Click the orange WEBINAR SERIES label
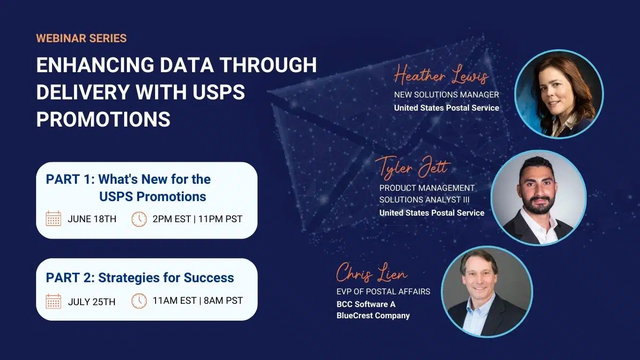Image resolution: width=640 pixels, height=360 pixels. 82,38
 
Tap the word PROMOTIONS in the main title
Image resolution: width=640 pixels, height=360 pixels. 104,119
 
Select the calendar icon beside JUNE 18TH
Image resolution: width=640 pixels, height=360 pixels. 53,219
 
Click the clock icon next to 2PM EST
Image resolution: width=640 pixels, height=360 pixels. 139,219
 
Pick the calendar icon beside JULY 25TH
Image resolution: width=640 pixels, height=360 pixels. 53,301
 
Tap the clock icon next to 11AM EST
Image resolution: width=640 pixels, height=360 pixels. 139,301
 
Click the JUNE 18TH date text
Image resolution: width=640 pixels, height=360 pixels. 92,219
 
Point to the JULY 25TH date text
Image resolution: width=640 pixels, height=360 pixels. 92,302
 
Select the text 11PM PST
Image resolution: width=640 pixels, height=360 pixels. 220,219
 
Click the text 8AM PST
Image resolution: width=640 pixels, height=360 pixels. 223,300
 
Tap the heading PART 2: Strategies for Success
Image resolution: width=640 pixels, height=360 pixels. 140,277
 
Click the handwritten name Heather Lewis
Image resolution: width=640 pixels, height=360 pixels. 441,75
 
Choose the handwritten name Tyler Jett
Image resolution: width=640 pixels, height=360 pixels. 413,168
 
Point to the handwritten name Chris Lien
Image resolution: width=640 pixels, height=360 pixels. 372,273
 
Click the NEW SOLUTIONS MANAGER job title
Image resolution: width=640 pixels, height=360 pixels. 447,95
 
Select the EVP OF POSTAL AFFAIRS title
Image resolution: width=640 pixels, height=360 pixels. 383,292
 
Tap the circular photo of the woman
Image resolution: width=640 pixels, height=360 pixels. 559,94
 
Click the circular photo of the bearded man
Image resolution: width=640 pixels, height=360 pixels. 538,198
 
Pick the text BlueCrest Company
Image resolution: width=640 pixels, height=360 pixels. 373,315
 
